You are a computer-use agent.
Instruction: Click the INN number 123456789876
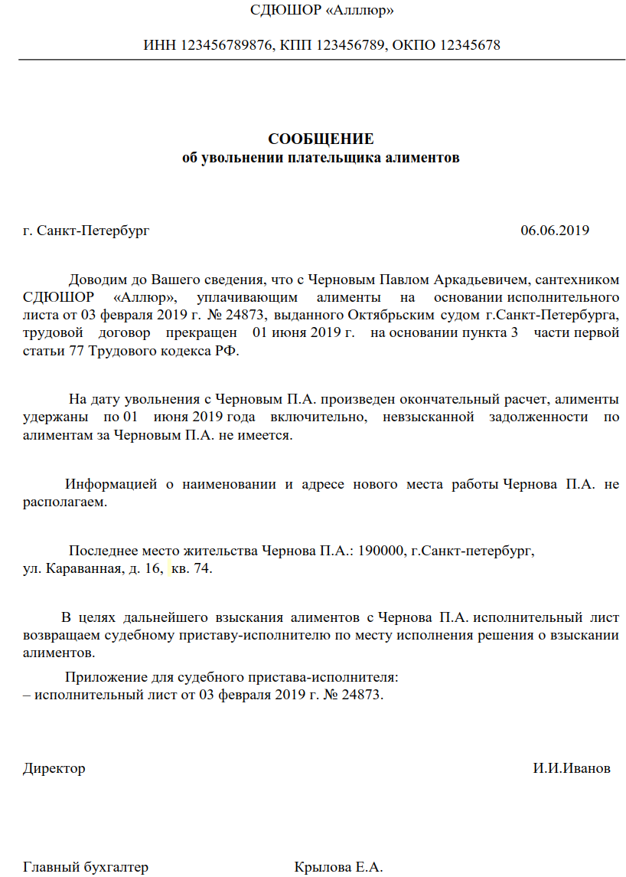227,45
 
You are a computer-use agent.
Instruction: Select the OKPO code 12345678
468,45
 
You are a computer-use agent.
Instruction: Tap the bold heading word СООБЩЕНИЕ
321,139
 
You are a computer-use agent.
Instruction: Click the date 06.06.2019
555,231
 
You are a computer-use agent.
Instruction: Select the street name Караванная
84,569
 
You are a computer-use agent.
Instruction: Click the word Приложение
105,677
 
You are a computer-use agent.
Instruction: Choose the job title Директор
54,768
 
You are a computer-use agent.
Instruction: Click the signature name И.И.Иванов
572,768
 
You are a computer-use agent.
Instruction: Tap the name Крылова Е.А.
338,868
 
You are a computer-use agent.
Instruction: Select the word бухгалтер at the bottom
115,868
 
